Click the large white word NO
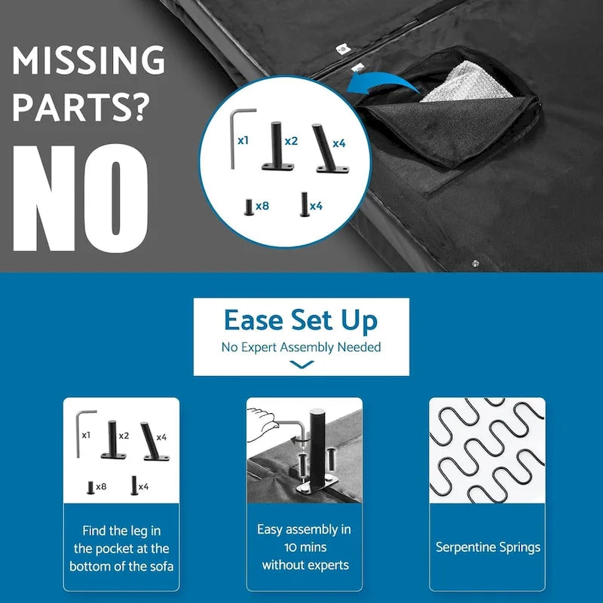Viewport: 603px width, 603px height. tap(80, 198)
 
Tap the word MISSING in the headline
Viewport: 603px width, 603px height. tap(89, 60)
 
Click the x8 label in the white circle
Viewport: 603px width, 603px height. tap(262, 206)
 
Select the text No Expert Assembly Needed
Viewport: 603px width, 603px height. tap(301, 347)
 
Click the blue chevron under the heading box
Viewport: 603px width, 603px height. tap(301, 364)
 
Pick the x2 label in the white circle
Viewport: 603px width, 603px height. tap(291, 142)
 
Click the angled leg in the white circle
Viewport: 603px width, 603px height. tap(330, 148)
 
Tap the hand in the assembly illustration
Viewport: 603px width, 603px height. tap(262, 424)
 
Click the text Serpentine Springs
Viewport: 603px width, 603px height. tap(488, 547)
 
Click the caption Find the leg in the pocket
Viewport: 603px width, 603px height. tap(121, 549)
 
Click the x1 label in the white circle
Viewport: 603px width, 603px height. tap(243, 141)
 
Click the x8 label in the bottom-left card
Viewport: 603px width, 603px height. tap(101, 487)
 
